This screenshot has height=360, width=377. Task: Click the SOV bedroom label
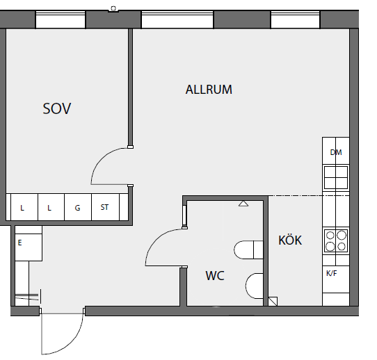pyautogui.click(x=57, y=108)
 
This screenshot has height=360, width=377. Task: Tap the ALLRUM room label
pyautogui.click(x=209, y=90)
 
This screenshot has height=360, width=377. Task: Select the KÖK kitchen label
pyautogui.click(x=290, y=240)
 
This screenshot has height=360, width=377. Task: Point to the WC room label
pyautogui.click(x=215, y=275)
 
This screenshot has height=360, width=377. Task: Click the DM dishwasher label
pyautogui.click(x=336, y=152)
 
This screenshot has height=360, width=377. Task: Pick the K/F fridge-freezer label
pyautogui.click(x=332, y=273)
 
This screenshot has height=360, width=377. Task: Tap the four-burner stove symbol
pyautogui.click(x=336, y=240)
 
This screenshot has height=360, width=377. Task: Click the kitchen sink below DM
pyautogui.click(x=336, y=177)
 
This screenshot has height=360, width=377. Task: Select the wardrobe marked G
pyautogui.click(x=78, y=207)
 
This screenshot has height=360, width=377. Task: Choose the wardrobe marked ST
pyautogui.click(x=105, y=207)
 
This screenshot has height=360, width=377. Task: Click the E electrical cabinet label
pyautogui.click(x=19, y=243)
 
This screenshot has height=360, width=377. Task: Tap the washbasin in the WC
pyautogui.click(x=254, y=286)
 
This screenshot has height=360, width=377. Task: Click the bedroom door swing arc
pyautogui.click(x=100, y=158)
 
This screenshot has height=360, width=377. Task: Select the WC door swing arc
pyautogui.click(x=155, y=240)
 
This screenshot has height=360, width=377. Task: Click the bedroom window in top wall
pyautogui.click(x=61, y=19)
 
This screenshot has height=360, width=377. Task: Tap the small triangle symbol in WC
pyautogui.click(x=243, y=204)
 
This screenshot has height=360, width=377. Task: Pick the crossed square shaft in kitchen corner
pyautogui.click(x=273, y=302)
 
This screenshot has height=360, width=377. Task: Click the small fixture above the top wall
pyautogui.click(x=113, y=9)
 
